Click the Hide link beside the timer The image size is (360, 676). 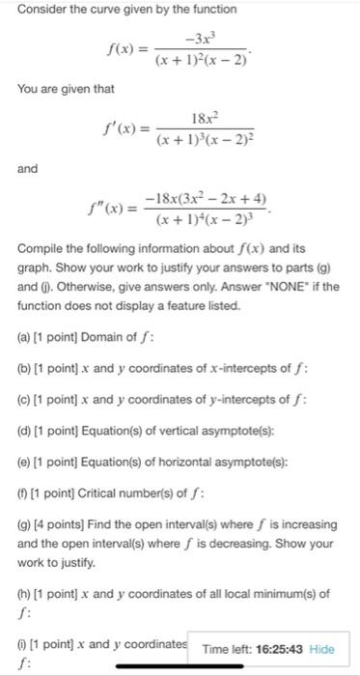click(x=322, y=649)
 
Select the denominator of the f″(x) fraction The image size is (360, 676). click(x=207, y=219)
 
